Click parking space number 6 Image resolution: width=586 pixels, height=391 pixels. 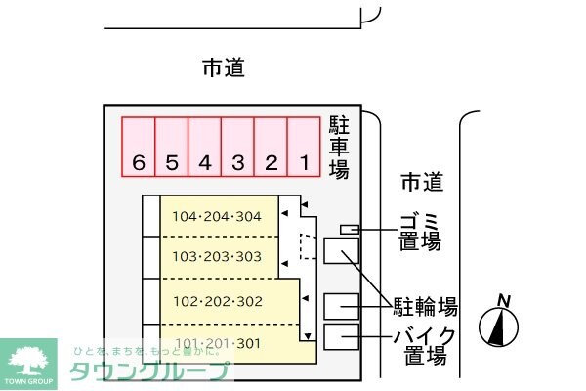click(139, 148)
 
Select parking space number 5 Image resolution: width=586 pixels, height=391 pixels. click(172, 148)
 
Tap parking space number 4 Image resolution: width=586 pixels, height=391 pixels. click(205, 148)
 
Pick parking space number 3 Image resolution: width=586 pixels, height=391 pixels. click(238, 148)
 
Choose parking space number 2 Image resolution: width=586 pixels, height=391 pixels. click(272, 148)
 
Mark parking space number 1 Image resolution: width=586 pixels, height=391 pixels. click(305, 148)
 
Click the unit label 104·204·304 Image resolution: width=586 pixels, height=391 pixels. click(217, 217)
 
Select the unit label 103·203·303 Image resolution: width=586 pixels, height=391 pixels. click(217, 257)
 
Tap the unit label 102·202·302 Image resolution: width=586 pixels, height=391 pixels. click(217, 301)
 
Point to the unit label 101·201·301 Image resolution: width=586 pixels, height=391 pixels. click(217, 342)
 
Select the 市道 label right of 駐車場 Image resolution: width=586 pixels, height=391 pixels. click(422, 182)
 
